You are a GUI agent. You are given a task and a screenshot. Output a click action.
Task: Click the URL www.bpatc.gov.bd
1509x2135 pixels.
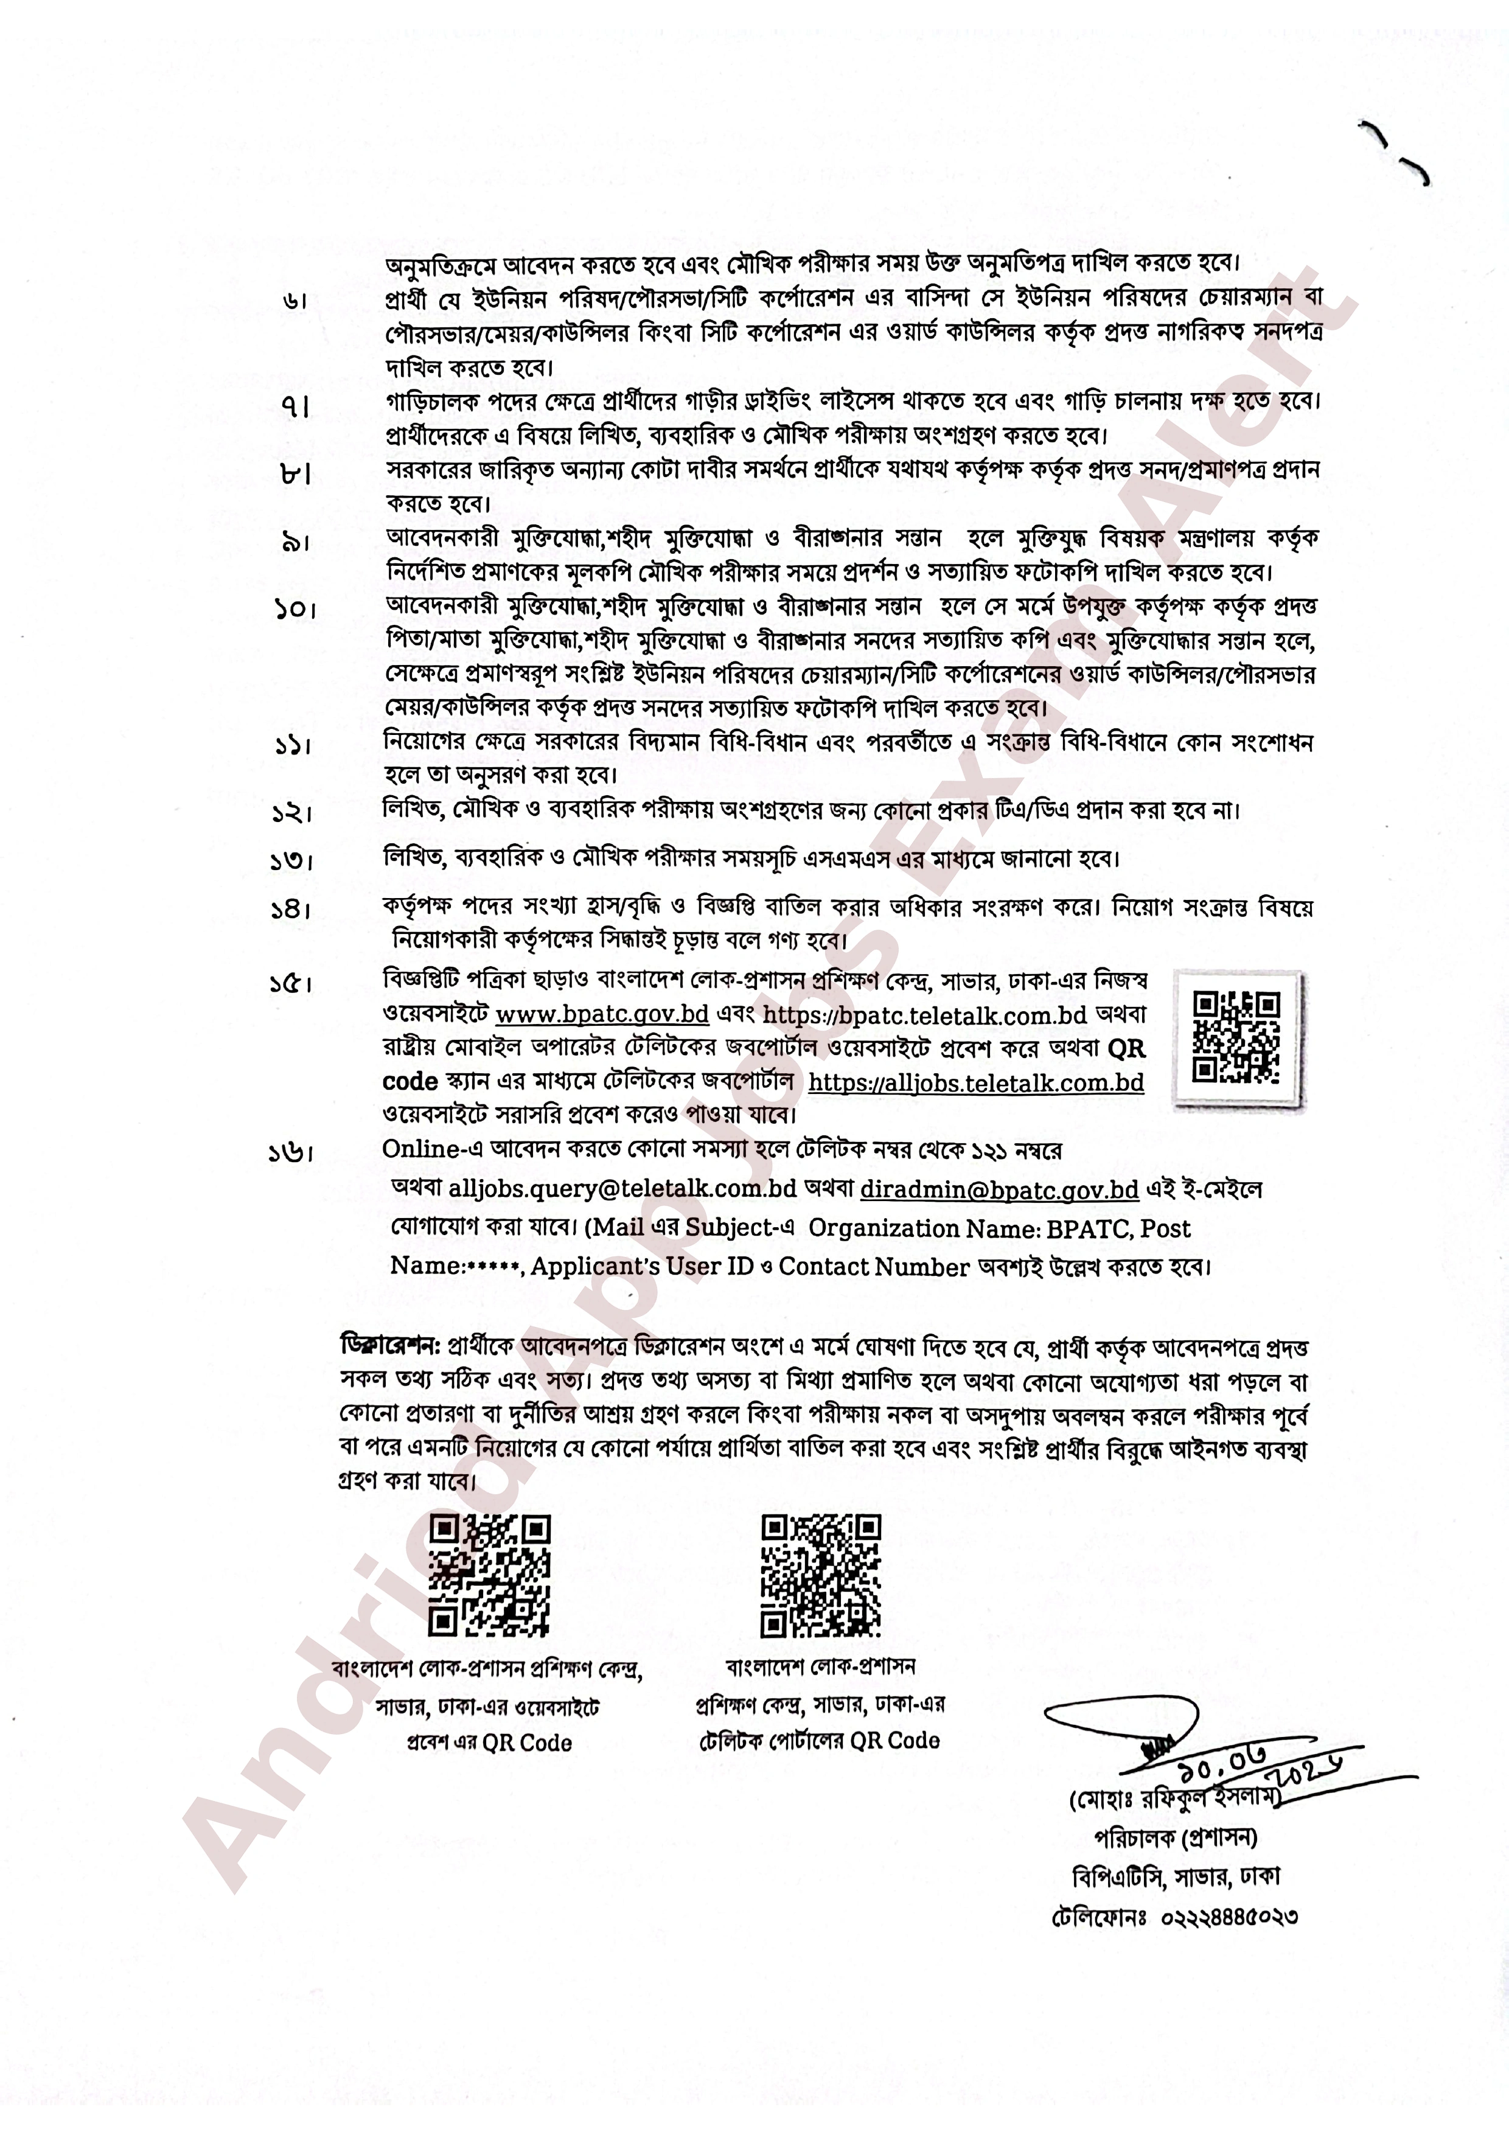[x=602, y=1014]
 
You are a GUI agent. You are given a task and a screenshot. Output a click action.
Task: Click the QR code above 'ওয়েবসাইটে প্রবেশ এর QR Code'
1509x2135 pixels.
[x=489, y=1576]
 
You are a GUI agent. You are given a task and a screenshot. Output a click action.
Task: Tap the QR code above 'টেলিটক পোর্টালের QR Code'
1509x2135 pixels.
[x=820, y=1576]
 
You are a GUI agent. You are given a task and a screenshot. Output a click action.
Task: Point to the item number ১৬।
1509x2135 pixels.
[x=291, y=1153]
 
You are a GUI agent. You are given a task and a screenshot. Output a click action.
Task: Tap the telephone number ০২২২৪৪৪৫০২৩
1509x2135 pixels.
[x=1229, y=1917]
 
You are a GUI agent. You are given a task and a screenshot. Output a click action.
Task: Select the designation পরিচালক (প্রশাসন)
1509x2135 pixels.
[x=1175, y=1838]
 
